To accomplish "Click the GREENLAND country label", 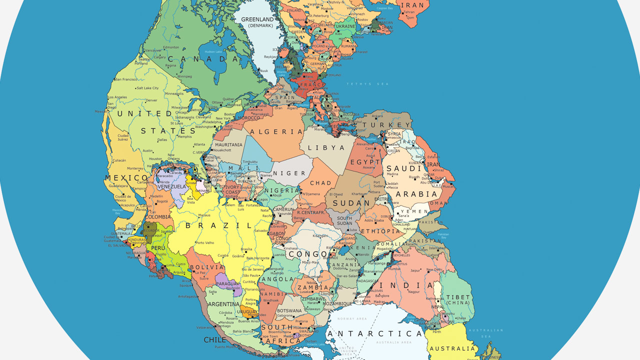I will [x=257, y=19].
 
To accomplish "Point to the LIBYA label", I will [x=326, y=147].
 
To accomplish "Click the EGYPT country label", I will [x=365, y=162].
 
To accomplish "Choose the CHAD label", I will [x=320, y=183].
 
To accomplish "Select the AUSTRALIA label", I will [x=452, y=348].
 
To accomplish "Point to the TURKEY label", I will [x=386, y=125].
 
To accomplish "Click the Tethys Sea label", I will [x=367, y=84].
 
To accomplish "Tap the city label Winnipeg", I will [x=184, y=76].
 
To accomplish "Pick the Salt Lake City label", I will [x=147, y=88].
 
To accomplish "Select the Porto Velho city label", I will [x=205, y=243].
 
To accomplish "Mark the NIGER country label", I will [x=289, y=173].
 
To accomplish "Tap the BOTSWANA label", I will [x=288, y=310].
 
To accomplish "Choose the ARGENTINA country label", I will [x=224, y=304].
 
